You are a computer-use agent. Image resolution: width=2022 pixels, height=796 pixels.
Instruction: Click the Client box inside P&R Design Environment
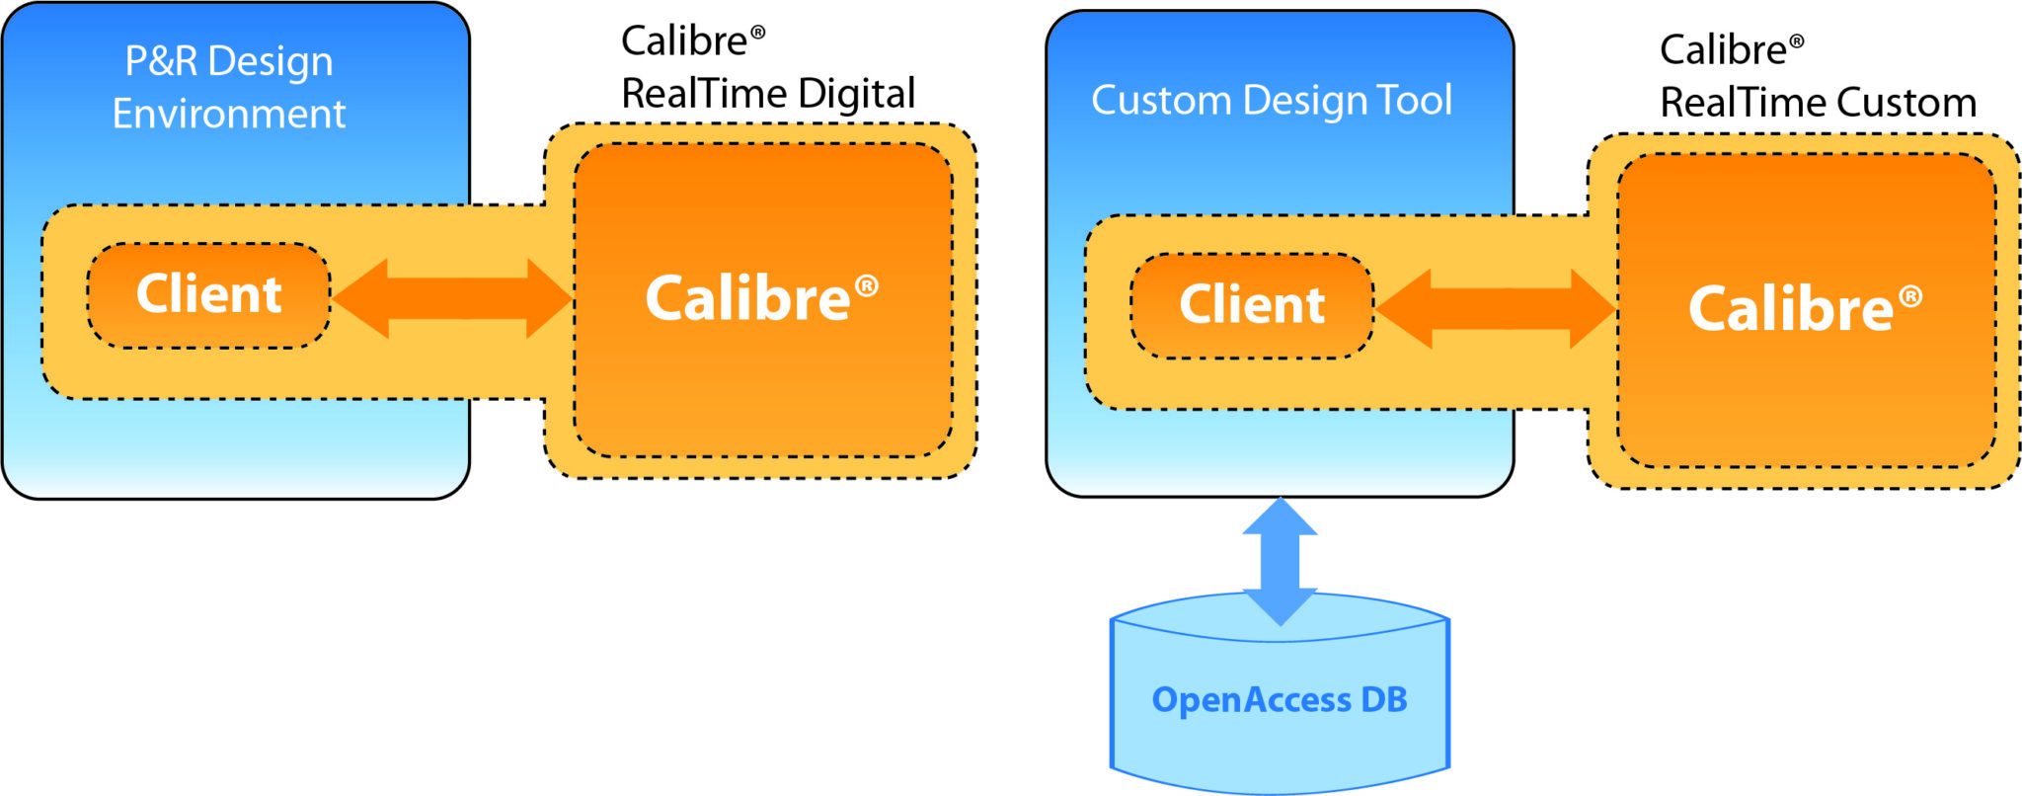point(208,295)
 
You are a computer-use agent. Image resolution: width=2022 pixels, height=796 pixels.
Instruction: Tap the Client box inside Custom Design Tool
point(1252,305)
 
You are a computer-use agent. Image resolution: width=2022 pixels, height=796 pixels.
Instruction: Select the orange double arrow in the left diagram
point(452,298)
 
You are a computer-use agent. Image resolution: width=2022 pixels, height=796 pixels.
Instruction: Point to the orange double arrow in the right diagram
point(1495,308)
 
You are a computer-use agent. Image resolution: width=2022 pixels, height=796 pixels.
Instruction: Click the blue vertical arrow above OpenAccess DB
point(1280,561)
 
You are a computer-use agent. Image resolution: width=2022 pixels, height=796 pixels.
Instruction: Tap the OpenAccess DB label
point(1280,699)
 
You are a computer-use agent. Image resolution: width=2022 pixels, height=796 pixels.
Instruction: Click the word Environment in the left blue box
point(229,115)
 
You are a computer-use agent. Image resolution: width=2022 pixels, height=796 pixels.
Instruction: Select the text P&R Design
point(229,61)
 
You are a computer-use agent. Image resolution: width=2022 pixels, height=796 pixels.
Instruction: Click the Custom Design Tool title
point(1272,101)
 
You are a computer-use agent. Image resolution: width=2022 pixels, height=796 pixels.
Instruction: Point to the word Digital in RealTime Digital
point(856,94)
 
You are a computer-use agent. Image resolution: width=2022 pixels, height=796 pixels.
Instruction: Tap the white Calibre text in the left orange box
point(747,299)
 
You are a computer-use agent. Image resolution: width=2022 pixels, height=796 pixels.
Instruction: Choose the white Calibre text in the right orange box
point(1791,309)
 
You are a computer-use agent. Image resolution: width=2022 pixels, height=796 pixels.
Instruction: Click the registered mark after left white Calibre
point(867,286)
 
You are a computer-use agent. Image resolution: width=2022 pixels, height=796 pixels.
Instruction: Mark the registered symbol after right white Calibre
point(1910,296)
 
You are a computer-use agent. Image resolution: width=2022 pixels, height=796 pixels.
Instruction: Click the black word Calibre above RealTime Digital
point(684,41)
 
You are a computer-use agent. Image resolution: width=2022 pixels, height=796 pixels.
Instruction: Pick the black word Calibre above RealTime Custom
point(1723,50)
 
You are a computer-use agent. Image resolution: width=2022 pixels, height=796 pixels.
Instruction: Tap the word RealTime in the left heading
point(704,94)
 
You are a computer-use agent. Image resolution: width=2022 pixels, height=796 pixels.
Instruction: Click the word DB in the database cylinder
point(1383,699)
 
